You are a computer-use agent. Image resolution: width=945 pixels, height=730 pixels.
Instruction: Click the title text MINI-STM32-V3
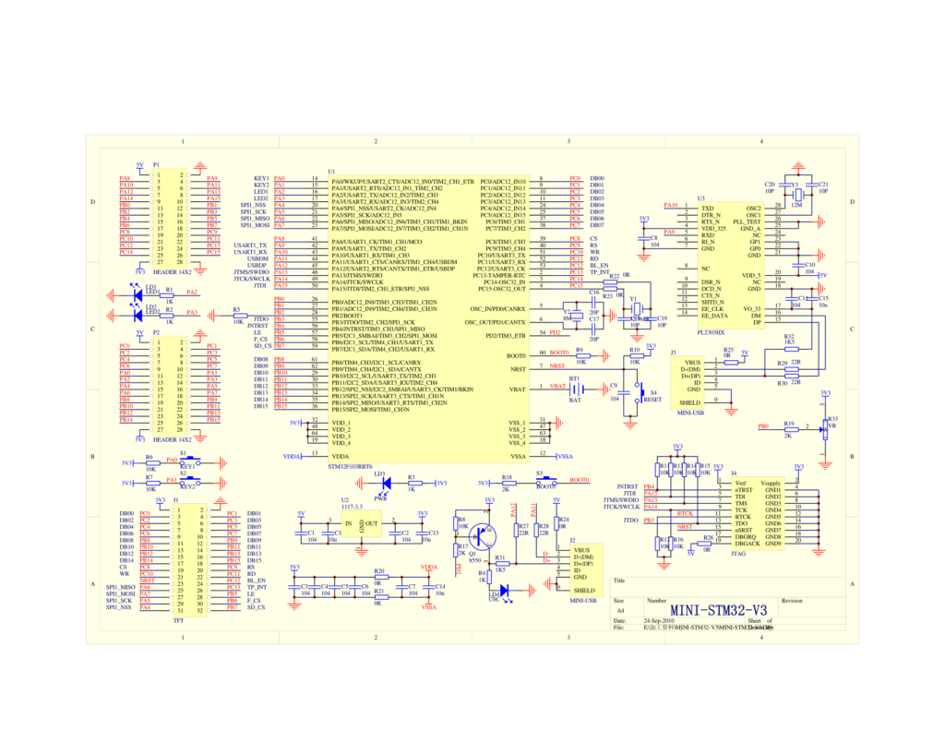tap(718, 610)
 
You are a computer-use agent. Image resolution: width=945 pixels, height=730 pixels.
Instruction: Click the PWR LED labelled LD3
tap(386, 483)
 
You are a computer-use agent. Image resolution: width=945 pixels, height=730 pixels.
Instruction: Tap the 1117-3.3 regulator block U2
tap(351, 524)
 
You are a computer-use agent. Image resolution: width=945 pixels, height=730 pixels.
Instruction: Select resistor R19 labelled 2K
tap(789, 427)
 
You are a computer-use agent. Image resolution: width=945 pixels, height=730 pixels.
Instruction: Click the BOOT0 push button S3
tap(545, 480)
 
